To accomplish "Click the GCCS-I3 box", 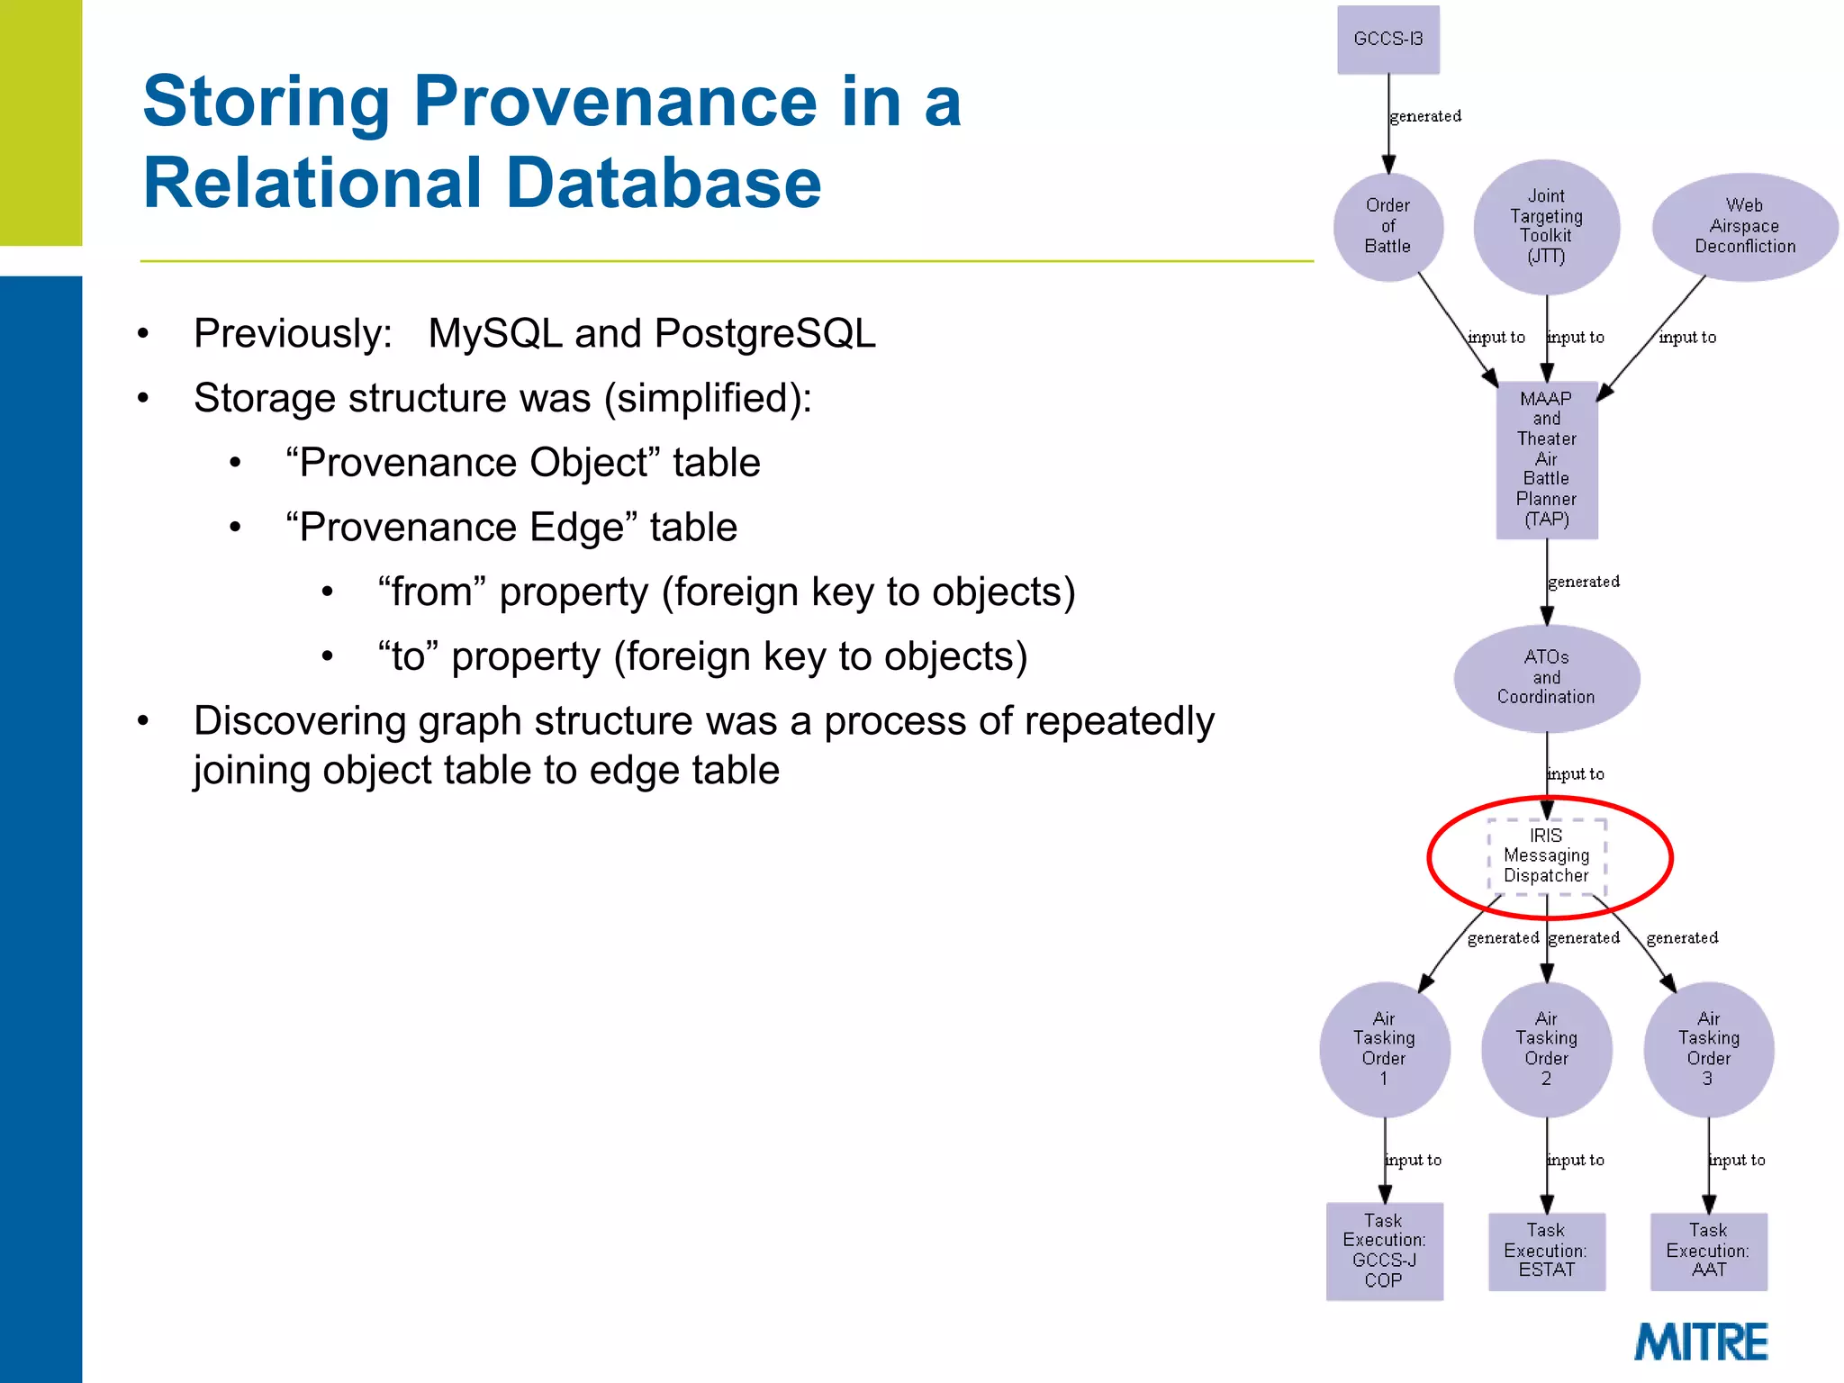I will (1388, 40).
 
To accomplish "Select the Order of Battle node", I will (1388, 227).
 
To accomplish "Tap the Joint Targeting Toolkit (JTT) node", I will (1546, 227).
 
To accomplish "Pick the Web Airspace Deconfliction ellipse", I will (1744, 227).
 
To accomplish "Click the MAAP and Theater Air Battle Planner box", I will (1546, 459).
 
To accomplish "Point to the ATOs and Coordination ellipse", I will (1546, 677).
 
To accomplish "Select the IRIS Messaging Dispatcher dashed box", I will (1546, 856).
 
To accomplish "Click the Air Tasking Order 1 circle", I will (1384, 1049).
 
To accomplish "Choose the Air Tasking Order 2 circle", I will (1546, 1049).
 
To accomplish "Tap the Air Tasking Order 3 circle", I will (1708, 1049).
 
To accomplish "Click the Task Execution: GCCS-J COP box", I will (1384, 1251).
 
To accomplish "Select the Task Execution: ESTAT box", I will (1546, 1251).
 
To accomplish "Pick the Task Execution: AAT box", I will (1708, 1251).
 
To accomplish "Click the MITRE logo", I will (1701, 1342).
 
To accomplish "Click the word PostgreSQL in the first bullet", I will (764, 334).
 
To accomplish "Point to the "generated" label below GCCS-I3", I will (1425, 116).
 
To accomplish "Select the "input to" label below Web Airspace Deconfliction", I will (1687, 338).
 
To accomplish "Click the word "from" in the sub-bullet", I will (432, 592).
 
